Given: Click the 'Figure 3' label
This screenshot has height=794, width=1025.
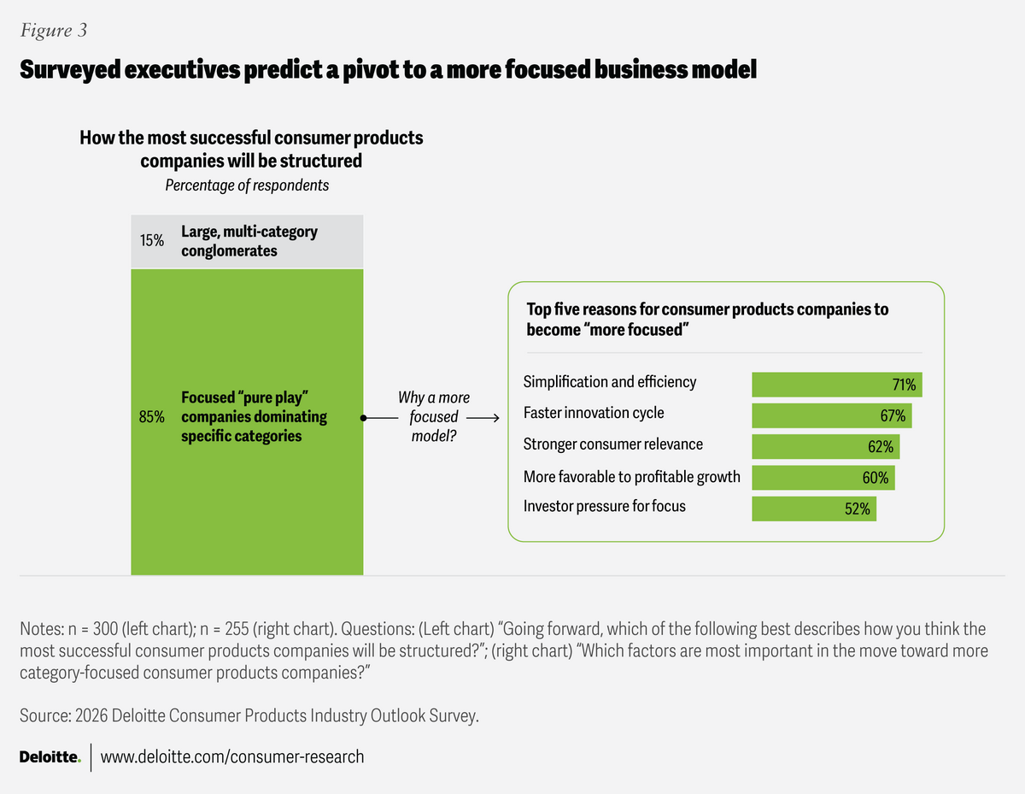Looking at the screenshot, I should click(x=53, y=32).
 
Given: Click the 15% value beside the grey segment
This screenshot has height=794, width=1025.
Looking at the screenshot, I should click(x=152, y=240).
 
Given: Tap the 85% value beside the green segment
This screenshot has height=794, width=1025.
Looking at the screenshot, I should click(x=152, y=418).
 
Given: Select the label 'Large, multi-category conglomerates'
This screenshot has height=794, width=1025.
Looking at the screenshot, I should click(x=249, y=241).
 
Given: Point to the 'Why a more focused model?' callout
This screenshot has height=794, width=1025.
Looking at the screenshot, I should click(x=434, y=417).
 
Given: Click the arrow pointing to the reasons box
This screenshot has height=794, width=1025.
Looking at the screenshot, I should click(x=483, y=419).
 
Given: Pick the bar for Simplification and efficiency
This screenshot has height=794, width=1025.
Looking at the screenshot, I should click(x=836, y=385).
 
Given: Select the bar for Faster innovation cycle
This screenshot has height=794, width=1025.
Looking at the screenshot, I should click(x=831, y=415).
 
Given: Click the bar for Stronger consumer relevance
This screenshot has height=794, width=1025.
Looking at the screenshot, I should click(x=825, y=446).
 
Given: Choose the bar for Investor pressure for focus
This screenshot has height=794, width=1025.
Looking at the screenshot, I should click(x=813, y=509).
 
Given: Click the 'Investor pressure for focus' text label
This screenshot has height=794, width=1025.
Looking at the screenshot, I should click(x=604, y=506).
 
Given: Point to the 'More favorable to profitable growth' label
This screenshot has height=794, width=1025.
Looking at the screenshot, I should click(x=631, y=476).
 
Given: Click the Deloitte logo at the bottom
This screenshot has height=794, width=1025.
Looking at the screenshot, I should click(x=50, y=756).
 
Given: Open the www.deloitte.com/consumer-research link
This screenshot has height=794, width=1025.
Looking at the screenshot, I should click(x=232, y=756).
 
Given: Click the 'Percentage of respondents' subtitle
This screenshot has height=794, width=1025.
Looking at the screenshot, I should click(x=247, y=185).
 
